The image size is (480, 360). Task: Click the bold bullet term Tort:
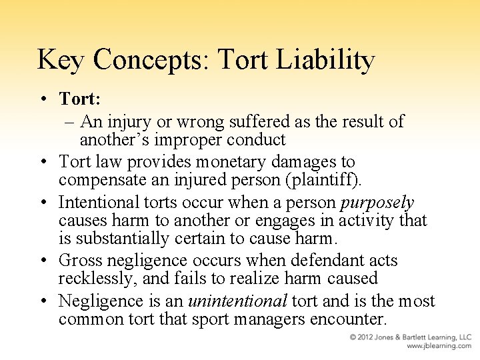pyautogui.click(x=79, y=99)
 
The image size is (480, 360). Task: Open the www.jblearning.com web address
pyautogui.click(x=439, y=346)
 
